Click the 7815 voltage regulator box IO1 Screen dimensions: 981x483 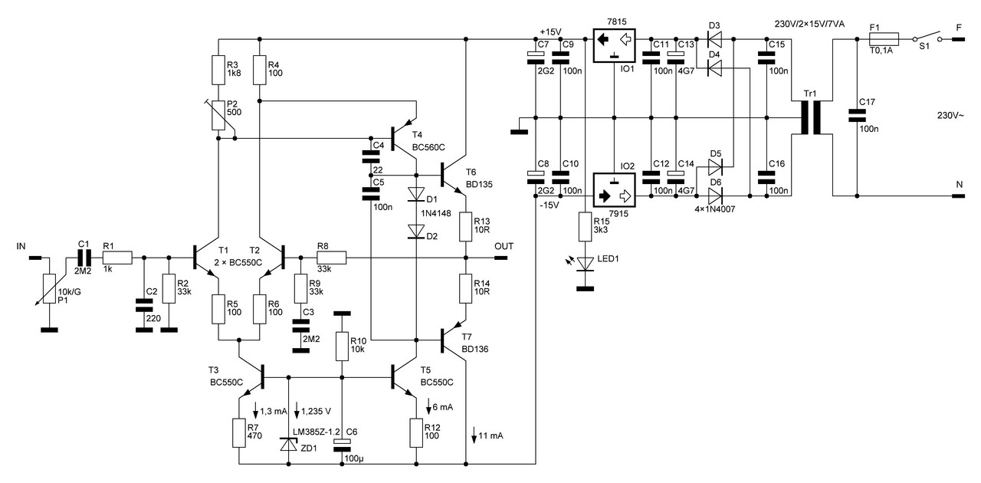pos(614,45)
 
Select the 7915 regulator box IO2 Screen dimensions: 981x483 pos(614,190)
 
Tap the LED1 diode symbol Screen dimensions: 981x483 pos(585,264)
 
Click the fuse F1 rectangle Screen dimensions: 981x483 pos(884,39)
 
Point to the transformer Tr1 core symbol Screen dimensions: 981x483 pos(811,117)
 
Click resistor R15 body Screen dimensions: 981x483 pos(585,227)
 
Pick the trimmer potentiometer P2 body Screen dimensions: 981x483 pos(218,115)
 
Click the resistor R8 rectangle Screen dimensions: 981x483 pos(332,258)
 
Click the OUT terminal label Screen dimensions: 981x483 pos(504,246)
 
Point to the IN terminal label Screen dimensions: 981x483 pos(21,246)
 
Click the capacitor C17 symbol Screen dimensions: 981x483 pos(857,116)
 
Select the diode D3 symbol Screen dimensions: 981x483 pos(714,39)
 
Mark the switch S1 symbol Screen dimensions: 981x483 pos(928,38)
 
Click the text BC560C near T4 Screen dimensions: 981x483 pos(428,148)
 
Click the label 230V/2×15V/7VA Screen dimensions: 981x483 pos(809,24)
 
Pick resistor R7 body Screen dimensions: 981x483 pos(238,433)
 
